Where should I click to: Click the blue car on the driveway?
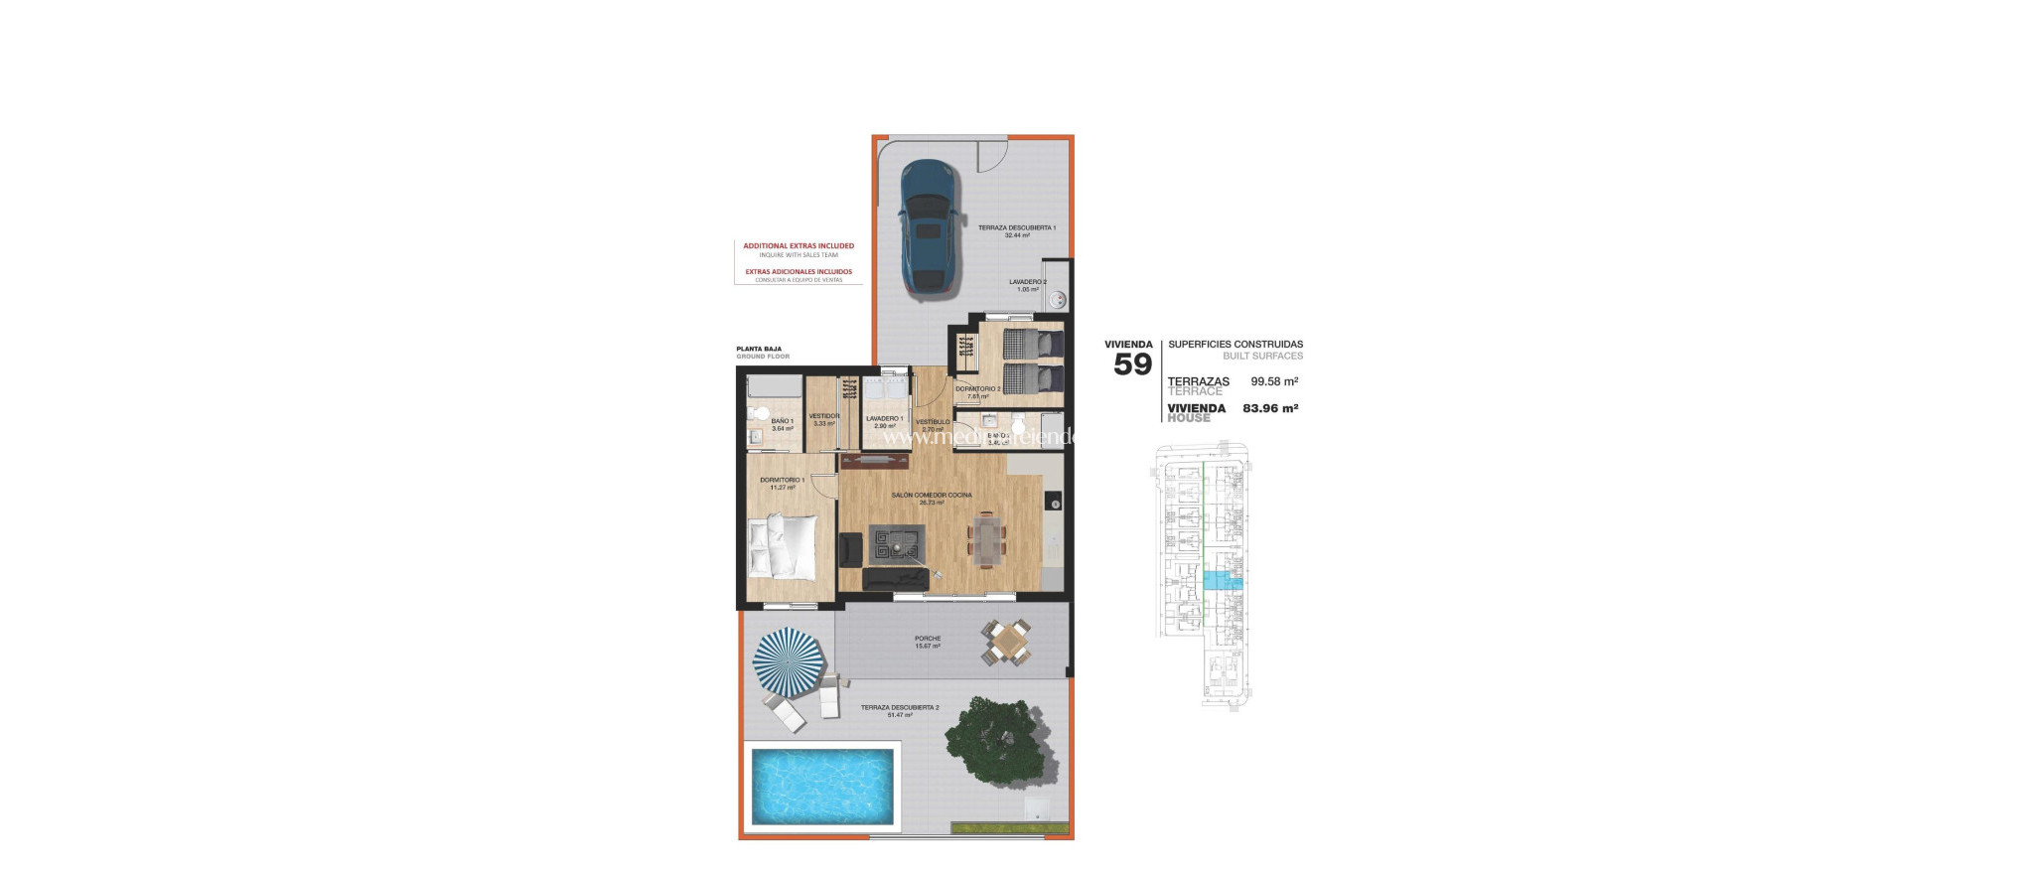pyautogui.click(x=929, y=228)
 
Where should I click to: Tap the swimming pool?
pyautogui.click(x=821, y=787)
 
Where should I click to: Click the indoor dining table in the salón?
pyautogui.click(x=987, y=538)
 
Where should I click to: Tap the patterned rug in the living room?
pyautogui.click(x=897, y=544)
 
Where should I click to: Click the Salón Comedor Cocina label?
pyautogui.click(x=932, y=495)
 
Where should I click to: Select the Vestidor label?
pyautogui.click(x=824, y=416)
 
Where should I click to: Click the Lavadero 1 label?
pyautogui.click(x=884, y=419)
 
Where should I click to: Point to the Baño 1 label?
pyautogui.click(x=783, y=421)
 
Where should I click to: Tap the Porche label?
pyautogui.click(x=928, y=639)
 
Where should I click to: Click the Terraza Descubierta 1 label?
pyautogui.click(x=1017, y=228)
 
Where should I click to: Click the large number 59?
pyautogui.click(x=1132, y=364)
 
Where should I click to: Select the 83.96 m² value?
pyautogui.click(x=1270, y=408)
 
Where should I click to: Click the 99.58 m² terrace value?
pyautogui.click(x=1274, y=381)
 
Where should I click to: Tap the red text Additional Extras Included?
pyautogui.click(x=799, y=245)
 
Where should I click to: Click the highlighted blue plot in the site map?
pyautogui.click(x=1221, y=581)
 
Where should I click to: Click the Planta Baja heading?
pyautogui.click(x=759, y=349)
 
